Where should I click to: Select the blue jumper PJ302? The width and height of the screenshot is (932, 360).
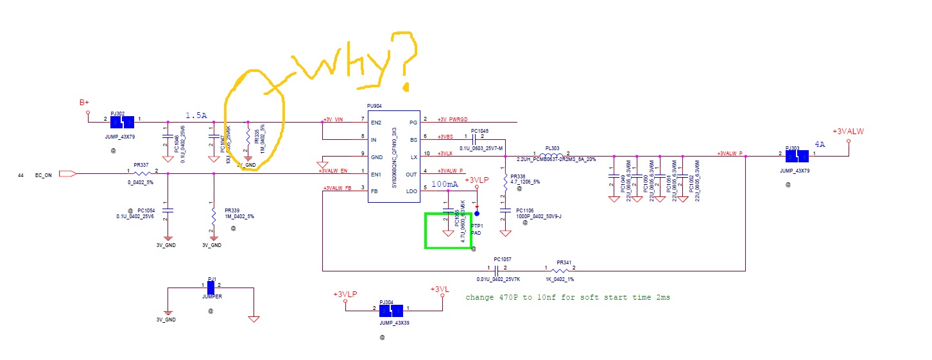123,121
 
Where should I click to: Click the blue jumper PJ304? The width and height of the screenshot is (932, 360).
393,310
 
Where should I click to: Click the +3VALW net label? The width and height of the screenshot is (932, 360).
848,132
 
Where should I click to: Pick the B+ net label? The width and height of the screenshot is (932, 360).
84,103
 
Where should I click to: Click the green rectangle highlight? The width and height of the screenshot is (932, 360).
449,230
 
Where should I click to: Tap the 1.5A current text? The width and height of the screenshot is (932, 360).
196,115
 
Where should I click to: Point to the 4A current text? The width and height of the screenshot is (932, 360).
820,144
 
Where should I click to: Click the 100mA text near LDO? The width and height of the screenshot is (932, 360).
445,184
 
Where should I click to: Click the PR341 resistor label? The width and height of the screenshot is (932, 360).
564,262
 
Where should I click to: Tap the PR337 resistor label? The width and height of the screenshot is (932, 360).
141,165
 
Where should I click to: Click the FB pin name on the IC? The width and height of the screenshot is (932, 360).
374,191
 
